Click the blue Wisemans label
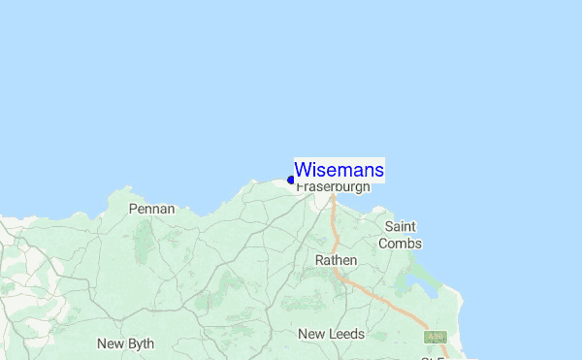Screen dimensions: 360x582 tap(339, 170)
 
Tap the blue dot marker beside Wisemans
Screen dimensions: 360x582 tap(291, 180)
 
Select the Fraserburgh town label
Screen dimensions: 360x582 tap(333, 186)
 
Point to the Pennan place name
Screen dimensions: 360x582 tap(151, 209)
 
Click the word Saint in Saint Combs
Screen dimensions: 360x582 tap(401, 226)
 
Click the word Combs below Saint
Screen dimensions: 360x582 tap(401, 244)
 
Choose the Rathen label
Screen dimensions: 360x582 tap(337, 260)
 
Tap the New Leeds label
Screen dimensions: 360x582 tap(331, 334)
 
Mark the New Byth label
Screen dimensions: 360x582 tap(125, 344)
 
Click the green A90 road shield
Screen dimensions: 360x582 tap(436, 337)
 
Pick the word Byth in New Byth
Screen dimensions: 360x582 tap(140, 344)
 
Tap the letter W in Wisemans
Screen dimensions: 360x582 tap(302, 170)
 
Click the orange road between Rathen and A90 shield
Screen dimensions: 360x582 tap(388, 302)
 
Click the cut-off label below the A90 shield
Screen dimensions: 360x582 tap(434, 356)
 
